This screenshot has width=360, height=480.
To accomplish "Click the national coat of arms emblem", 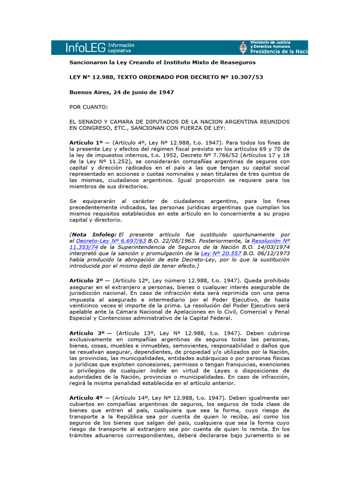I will (243, 48).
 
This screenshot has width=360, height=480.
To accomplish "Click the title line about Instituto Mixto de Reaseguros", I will (156, 62).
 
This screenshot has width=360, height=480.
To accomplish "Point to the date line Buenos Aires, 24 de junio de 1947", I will (121, 92).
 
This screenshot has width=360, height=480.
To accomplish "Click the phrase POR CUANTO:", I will (89, 107).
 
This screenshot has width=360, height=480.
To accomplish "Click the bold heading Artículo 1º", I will (86, 142).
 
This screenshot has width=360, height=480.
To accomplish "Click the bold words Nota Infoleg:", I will (93, 234).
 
